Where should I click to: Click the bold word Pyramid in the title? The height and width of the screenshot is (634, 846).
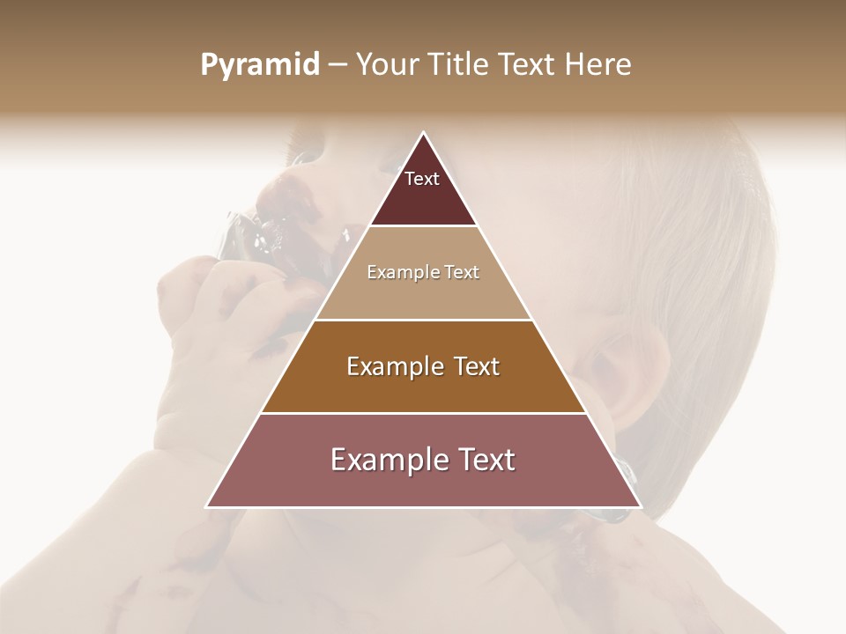(260, 65)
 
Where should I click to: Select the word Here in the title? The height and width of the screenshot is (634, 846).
(600, 65)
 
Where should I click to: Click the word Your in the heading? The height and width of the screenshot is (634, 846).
(388, 65)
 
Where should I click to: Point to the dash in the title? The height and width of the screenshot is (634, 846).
(337, 65)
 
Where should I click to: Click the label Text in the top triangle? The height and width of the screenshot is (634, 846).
(422, 179)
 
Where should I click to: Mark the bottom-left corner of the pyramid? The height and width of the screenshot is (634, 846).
(207, 506)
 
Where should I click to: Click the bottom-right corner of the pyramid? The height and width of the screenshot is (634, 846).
(641, 506)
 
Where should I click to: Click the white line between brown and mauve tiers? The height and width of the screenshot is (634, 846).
(423, 413)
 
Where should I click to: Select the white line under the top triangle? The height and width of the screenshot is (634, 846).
(423, 226)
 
